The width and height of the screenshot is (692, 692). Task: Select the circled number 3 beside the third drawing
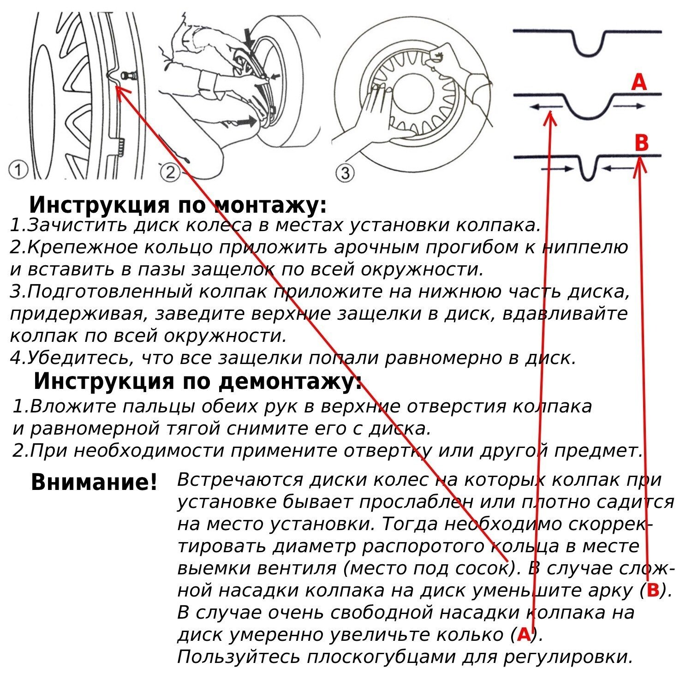(346, 173)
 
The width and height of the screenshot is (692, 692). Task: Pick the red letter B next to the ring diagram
(642, 143)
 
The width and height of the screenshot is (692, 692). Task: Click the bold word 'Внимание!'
(94, 483)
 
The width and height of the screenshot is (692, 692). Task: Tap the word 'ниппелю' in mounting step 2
(585, 248)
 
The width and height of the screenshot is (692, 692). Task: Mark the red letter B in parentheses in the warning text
(653, 590)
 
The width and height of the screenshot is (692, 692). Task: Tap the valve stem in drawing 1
(127, 75)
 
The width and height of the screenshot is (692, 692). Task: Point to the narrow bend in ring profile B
(587, 172)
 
